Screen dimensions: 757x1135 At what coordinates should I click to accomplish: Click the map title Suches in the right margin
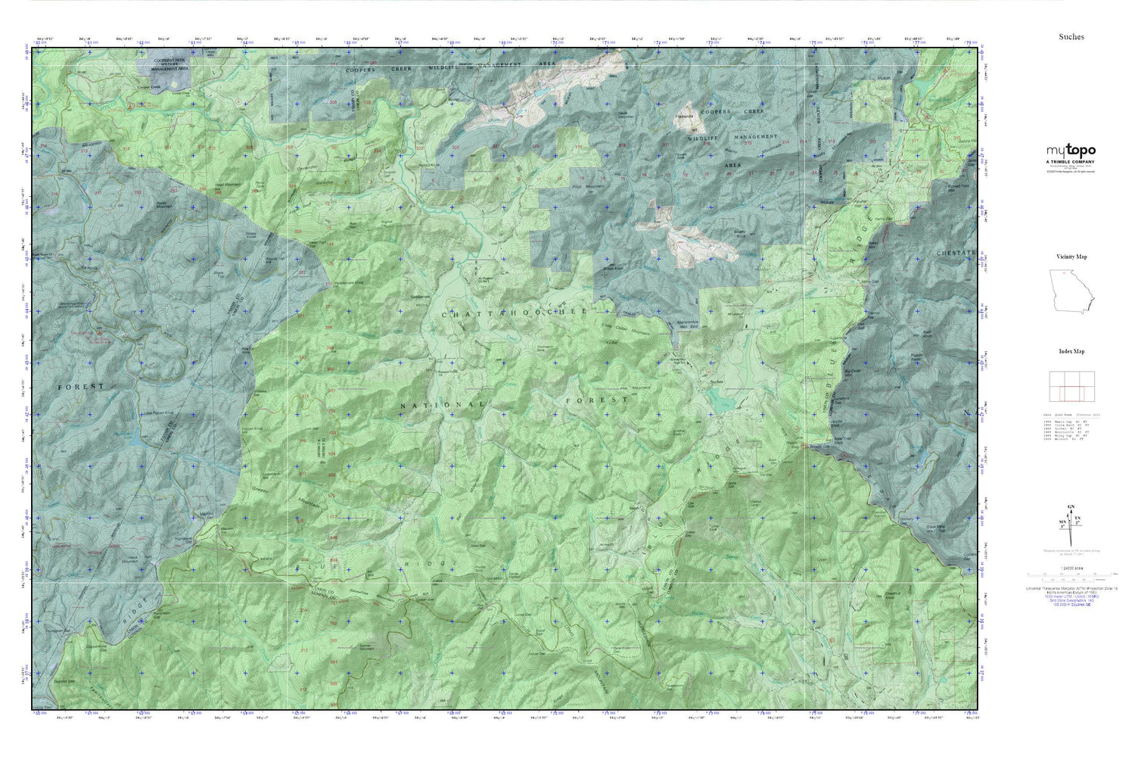coord(1071,36)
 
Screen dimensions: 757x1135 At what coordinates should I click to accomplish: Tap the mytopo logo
coord(1071,151)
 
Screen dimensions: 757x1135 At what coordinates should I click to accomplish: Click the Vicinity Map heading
coord(1071,257)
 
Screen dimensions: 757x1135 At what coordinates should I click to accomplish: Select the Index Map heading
coord(1071,351)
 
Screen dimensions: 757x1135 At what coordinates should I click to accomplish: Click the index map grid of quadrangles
coord(1071,386)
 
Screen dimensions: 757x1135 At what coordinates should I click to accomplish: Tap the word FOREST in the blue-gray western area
coord(82,386)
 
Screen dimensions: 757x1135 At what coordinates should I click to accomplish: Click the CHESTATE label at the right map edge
coord(956,253)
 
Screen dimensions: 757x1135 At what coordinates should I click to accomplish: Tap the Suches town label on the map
coord(716,382)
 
